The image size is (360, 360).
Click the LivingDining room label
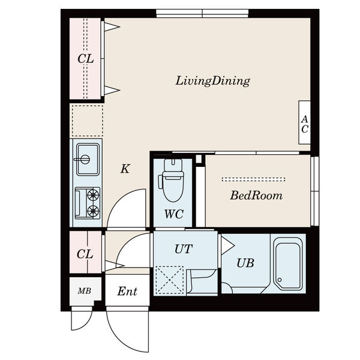212,81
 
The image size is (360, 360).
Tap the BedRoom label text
256,196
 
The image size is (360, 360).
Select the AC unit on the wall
304,122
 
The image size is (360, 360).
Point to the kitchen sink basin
88,160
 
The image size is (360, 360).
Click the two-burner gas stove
88,203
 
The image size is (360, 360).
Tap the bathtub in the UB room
289,263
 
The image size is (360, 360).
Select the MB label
85,291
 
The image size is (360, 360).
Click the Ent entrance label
127,292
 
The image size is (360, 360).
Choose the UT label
183,249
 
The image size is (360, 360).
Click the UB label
245,263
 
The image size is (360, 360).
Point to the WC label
174,214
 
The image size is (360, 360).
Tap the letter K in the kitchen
125,169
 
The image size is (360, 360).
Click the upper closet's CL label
86,59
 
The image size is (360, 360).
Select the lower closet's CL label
85,254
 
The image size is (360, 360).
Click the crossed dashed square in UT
170,280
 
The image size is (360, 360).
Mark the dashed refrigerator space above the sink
88,121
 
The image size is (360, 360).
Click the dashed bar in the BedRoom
253,179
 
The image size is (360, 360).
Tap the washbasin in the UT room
202,281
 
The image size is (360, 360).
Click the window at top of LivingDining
202,13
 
